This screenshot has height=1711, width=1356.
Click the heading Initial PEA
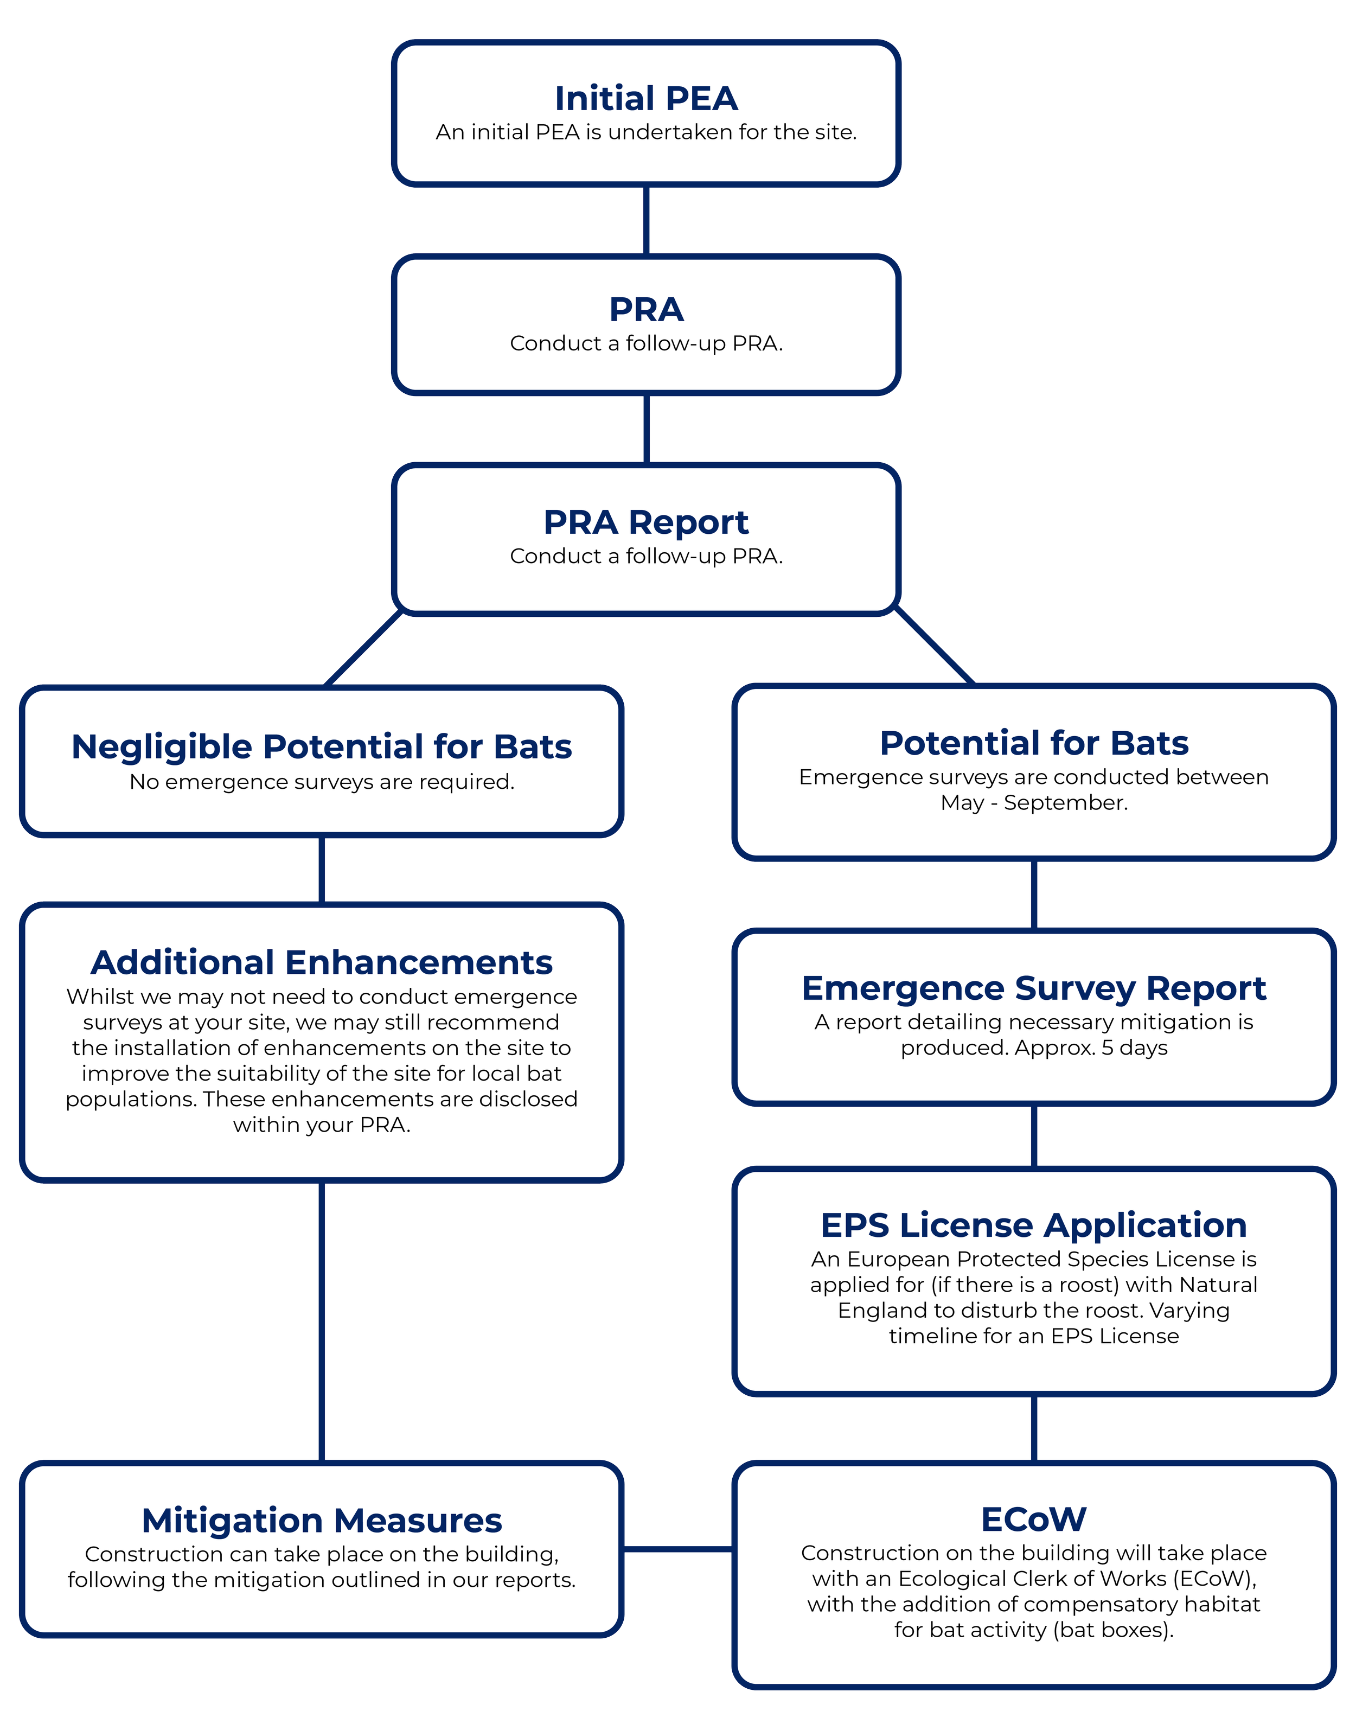pos(646,98)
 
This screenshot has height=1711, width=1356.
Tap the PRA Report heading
pos(646,522)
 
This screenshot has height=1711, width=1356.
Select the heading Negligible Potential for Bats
pos(321,747)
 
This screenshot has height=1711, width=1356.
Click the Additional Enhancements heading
pos(321,962)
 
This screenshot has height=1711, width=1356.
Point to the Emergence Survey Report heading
pos(1033,988)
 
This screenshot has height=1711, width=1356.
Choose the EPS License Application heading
pos(1033,1225)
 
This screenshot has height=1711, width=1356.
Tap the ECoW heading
pos(1033,1519)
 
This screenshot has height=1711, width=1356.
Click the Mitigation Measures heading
pos(321,1521)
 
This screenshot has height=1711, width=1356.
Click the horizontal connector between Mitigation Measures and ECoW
pos(677,1548)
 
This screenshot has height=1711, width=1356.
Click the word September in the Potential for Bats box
pos(1065,802)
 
